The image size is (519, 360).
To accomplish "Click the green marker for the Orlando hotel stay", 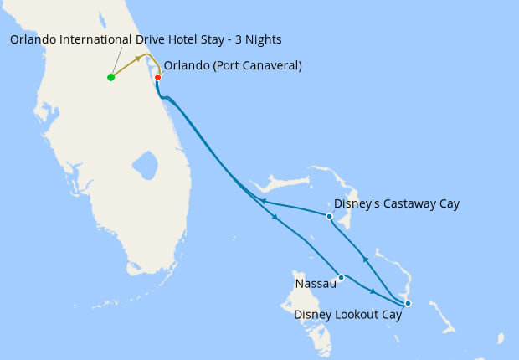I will (x=110, y=77).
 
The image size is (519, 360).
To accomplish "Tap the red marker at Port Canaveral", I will (x=158, y=78).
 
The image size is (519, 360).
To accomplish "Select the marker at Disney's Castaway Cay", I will (x=329, y=216).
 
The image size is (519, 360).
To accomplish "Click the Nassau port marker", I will (x=341, y=277).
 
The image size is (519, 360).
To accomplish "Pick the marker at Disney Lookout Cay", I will (x=408, y=303).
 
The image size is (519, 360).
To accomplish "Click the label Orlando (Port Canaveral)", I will (x=233, y=65).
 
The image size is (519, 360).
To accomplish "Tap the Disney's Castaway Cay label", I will (x=396, y=203).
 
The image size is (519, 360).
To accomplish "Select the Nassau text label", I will (x=316, y=284).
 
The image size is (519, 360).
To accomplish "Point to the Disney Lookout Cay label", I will (x=348, y=315).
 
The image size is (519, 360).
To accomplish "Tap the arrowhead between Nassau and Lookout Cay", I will (x=373, y=291).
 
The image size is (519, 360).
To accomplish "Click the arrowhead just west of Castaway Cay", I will (x=263, y=201).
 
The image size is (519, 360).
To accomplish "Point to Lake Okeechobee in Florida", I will (x=146, y=165).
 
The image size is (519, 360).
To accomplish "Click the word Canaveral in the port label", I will (x=269, y=65).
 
